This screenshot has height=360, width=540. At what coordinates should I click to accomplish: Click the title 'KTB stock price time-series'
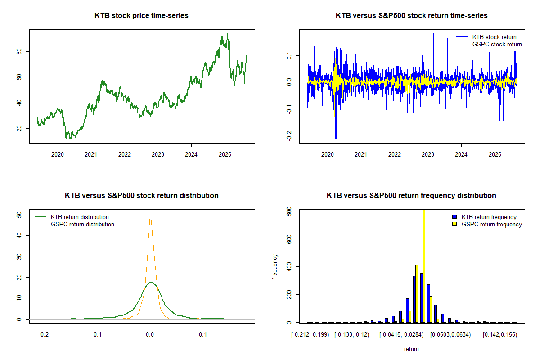[x=141, y=16]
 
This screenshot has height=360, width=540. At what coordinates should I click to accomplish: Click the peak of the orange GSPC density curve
[x=150, y=216]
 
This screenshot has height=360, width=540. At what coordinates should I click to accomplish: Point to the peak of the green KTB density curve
[x=151, y=282]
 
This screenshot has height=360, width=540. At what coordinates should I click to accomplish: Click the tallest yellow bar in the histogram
[x=423, y=265]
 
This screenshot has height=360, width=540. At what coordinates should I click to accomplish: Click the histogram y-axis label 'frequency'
[x=275, y=266]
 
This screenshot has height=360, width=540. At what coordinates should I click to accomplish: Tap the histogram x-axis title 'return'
[x=411, y=349]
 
